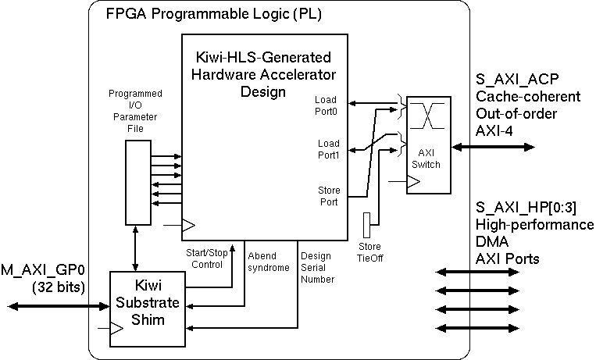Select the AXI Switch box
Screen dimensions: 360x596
pos(428,145)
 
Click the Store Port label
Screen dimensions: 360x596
pos(328,196)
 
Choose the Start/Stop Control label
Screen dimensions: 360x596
pos(206,258)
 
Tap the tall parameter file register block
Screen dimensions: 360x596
pos(136,184)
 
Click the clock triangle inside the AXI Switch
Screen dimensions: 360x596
pos(414,182)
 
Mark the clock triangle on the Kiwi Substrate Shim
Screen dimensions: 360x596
pos(116,330)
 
